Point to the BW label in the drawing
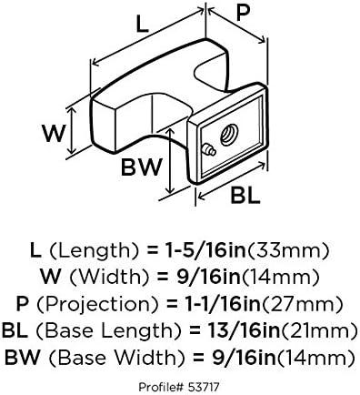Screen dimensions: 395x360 click(x=144, y=167)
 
